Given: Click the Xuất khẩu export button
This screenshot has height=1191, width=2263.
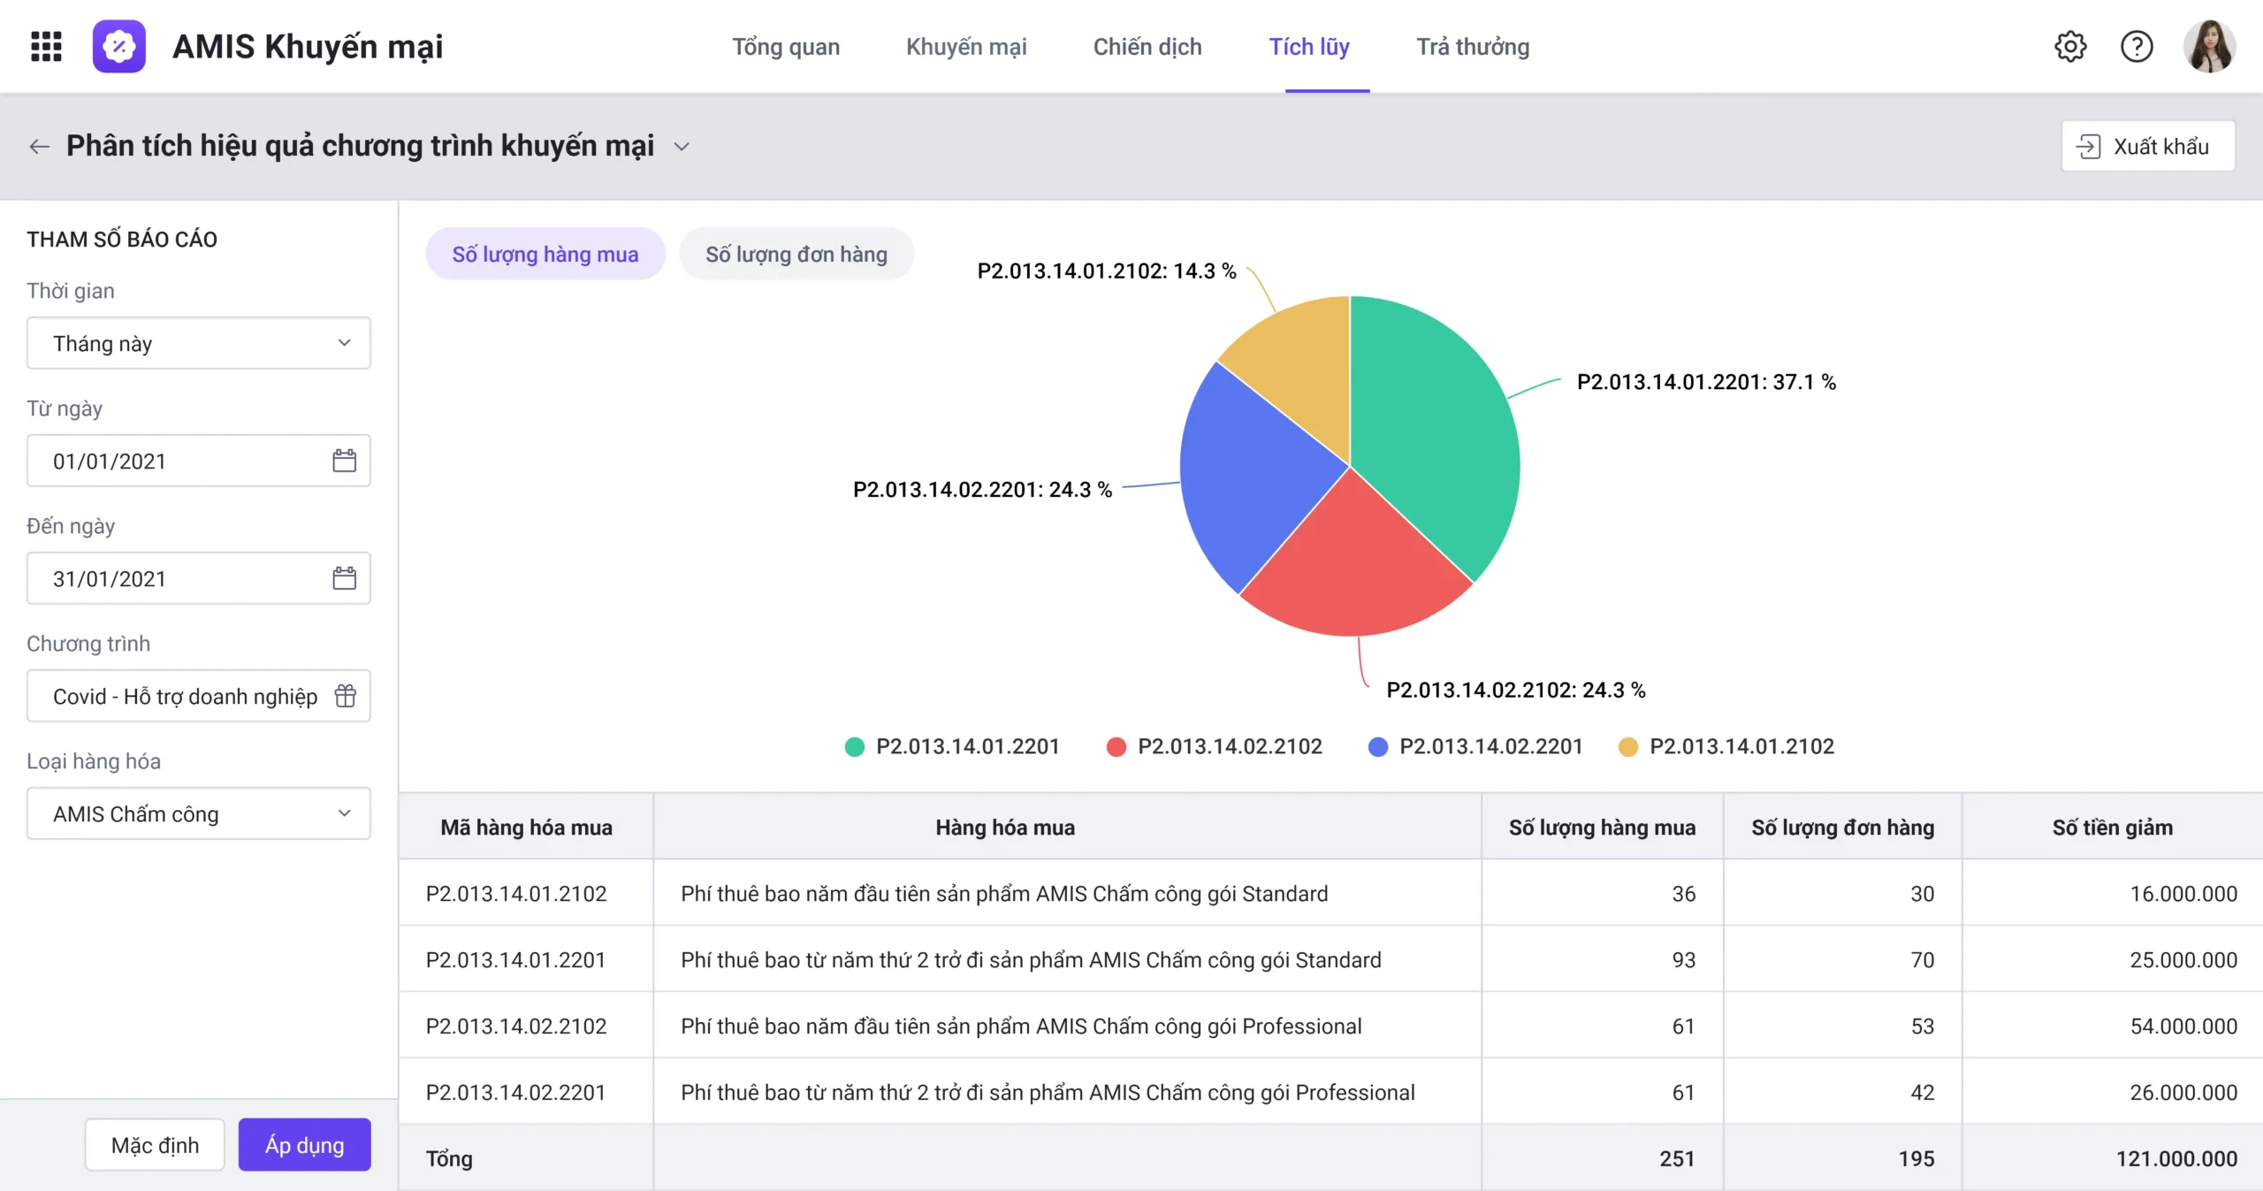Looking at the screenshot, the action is tap(2148, 146).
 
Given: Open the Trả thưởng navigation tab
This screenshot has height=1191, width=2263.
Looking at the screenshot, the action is tap(1473, 47).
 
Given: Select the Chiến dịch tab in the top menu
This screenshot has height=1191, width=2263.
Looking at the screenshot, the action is tap(1147, 47).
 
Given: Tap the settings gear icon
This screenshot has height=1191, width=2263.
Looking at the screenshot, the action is tap(2070, 46).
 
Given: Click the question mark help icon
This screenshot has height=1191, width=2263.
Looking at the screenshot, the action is tap(2137, 46).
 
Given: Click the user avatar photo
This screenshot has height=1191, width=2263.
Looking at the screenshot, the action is tap(2209, 46).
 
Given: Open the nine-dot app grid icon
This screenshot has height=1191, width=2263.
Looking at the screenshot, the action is tap(46, 46).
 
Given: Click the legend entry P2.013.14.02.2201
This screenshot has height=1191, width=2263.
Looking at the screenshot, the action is tap(1475, 746).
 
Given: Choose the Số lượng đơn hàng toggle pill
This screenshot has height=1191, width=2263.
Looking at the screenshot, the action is tap(796, 254).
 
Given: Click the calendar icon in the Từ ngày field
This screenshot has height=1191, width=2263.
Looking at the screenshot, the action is tap(344, 461).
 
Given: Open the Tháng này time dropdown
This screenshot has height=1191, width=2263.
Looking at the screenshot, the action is tap(199, 343).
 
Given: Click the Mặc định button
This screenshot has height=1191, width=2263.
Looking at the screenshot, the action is tap(155, 1145).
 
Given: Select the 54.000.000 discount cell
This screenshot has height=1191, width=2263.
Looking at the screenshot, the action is tap(2183, 1027).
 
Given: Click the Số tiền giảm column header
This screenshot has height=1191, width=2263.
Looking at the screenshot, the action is tap(2112, 828).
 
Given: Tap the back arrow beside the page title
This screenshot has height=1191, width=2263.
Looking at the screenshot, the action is tap(39, 146).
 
